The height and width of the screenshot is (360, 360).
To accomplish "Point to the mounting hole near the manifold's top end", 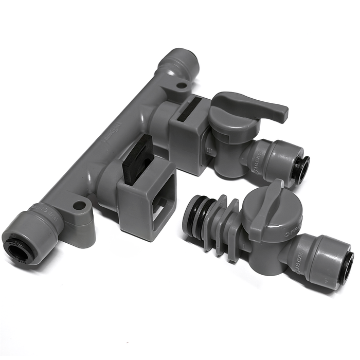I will [182, 85].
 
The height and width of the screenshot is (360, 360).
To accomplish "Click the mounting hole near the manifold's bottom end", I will [79, 206].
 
